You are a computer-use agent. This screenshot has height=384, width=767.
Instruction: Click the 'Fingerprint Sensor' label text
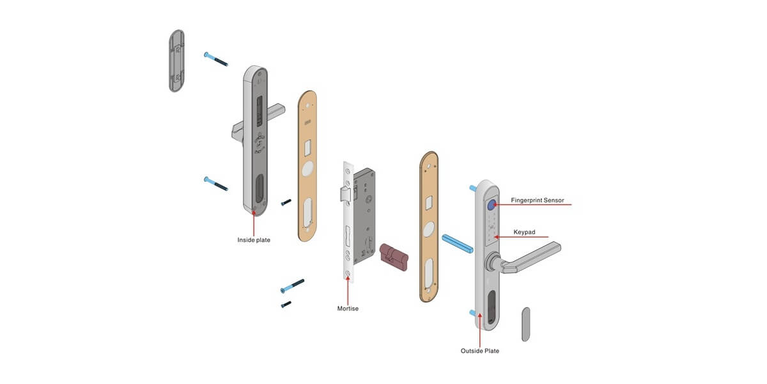click(x=538, y=200)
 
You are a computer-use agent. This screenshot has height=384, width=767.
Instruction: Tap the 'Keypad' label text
click(x=524, y=232)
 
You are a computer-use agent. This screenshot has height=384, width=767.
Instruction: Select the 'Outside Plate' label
click(x=479, y=351)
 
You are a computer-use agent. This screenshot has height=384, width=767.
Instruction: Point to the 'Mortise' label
click(x=348, y=308)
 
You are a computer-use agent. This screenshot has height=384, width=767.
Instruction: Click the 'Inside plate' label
click(x=254, y=240)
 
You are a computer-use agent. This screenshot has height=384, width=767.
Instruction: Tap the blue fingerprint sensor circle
click(x=492, y=205)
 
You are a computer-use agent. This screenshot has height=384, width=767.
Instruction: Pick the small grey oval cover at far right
click(x=525, y=324)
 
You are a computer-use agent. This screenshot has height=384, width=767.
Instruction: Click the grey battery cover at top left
click(x=177, y=60)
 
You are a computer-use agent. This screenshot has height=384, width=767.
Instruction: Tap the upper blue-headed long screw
click(x=215, y=59)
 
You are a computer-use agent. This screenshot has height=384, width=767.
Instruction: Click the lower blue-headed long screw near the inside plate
click(x=215, y=184)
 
